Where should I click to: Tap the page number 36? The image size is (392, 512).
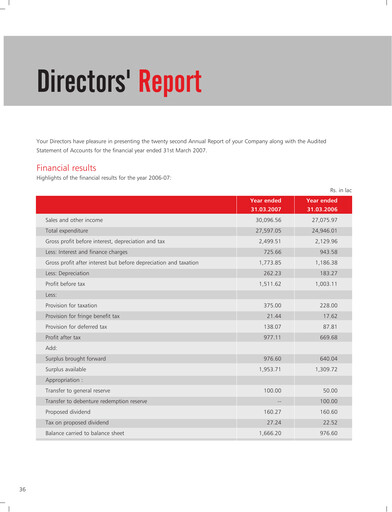tap(22, 488)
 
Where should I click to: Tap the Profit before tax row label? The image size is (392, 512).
tap(68, 285)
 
